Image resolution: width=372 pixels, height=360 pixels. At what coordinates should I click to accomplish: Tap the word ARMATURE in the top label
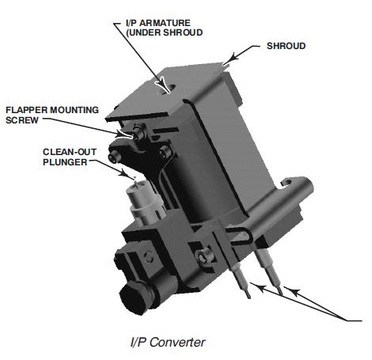tap(167, 21)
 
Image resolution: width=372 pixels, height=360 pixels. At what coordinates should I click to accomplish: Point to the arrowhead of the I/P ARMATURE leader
tap(163, 81)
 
